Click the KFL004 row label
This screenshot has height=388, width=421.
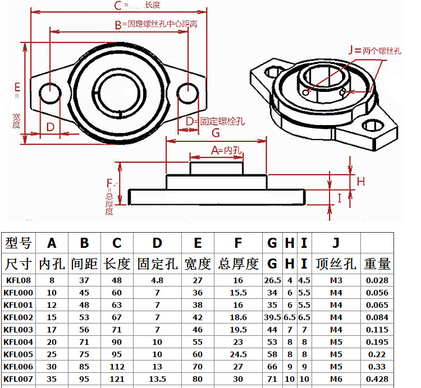[x=19, y=342]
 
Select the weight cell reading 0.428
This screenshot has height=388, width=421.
[x=377, y=379]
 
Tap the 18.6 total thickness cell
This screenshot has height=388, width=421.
[x=238, y=317]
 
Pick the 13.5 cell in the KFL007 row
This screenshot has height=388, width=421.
[x=157, y=379]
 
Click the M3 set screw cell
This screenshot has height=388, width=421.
[x=336, y=280]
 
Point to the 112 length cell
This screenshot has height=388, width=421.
[x=117, y=367]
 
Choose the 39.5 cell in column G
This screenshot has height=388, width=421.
[x=272, y=317]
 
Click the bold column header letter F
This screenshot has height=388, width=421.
[x=238, y=243]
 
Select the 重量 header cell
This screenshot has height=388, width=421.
[x=377, y=264]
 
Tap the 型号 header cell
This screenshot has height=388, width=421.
[x=19, y=243]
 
